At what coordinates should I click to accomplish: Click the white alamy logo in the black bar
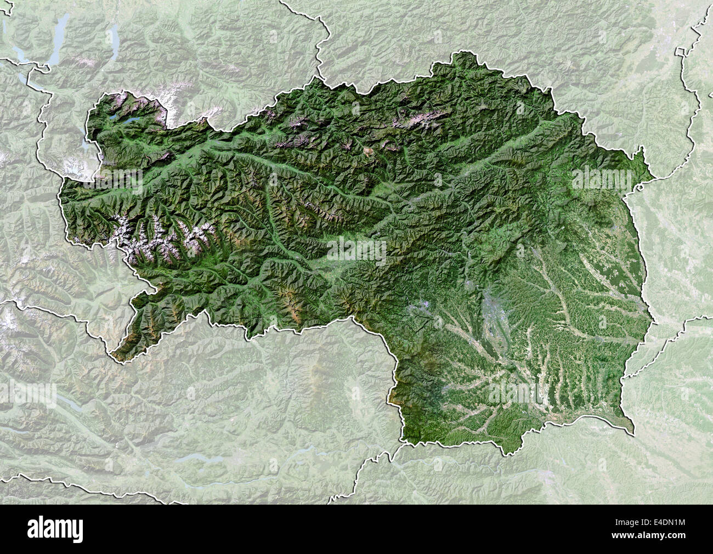click(x=56, y=529)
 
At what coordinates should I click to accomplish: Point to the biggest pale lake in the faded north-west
click(x=57, y=33)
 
